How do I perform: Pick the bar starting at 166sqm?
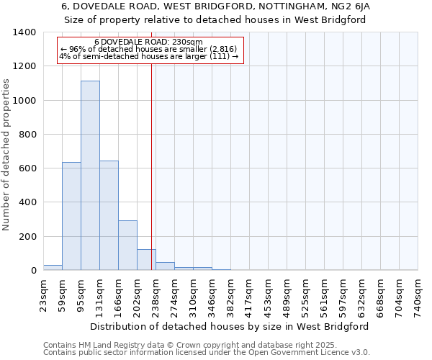(127, 245)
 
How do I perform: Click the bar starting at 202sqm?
(146, 259)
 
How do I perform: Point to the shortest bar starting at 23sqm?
(53, 267)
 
